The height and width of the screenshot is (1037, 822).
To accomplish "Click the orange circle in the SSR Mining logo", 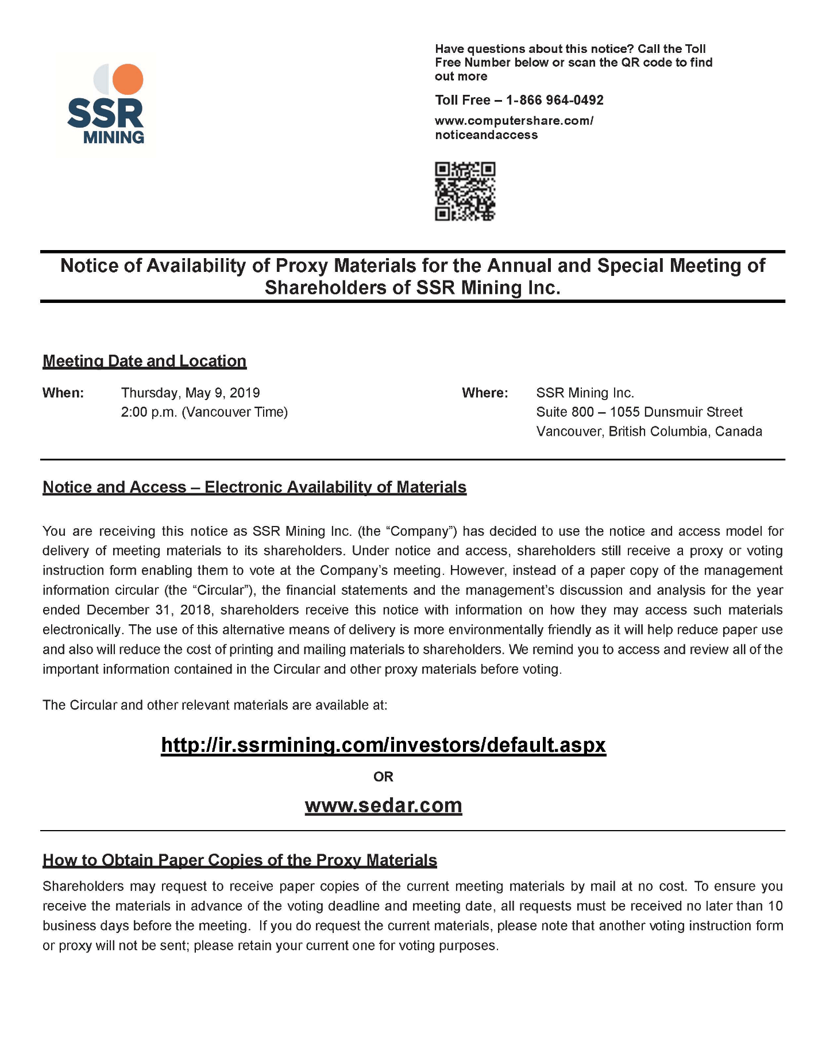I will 128,79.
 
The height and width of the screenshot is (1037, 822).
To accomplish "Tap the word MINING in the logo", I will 114,137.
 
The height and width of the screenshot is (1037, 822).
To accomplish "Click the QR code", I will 465,191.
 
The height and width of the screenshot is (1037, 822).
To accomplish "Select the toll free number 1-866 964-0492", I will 554,100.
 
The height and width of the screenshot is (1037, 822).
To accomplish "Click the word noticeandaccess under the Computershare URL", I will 486,135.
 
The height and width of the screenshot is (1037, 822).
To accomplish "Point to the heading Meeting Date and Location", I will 144,361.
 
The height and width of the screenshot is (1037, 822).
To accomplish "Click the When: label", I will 63,393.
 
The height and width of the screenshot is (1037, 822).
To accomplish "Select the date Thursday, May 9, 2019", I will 190,393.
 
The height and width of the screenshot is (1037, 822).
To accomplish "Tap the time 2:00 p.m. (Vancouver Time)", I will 204,412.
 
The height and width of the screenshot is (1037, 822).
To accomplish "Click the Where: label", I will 485,393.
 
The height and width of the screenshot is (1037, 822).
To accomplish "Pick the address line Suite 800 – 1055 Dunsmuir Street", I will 639,412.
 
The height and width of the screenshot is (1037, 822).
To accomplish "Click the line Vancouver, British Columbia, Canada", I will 649,432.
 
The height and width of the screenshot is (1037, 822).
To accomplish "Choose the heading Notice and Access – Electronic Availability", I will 254,487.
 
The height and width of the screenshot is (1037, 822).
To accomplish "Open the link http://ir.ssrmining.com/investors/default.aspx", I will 383,745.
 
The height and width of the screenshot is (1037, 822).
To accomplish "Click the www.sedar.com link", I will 383,805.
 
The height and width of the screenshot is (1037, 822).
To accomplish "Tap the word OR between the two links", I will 383,777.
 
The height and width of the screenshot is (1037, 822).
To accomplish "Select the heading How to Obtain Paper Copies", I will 240,860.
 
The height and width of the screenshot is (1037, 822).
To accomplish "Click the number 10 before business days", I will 775,906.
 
